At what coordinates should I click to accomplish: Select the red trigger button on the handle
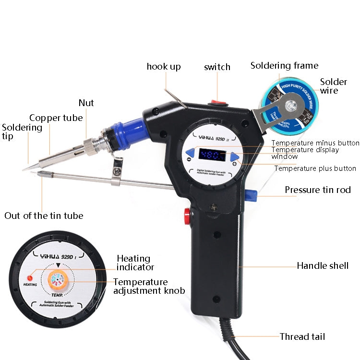tap(187, 215)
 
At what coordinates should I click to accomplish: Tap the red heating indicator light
tap(29, 277)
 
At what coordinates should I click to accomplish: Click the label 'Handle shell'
tap(323, 265)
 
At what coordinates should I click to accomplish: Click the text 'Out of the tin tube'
tap(44, 216)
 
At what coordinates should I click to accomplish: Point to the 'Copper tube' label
tap(56, 118)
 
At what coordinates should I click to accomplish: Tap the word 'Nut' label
tap(86, 103)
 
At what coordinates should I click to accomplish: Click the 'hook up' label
tap(164, 66)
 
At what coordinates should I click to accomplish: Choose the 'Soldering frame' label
tap(284, 65)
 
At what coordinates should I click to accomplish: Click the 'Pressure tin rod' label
tap(318, 190)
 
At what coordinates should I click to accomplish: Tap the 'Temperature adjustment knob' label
tap(149, 286)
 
